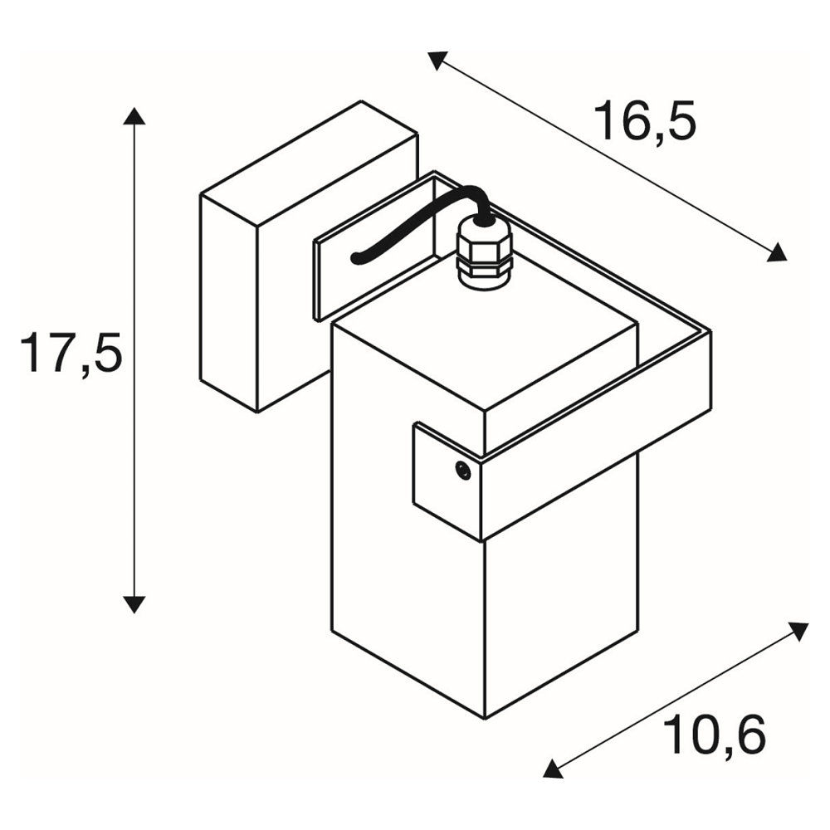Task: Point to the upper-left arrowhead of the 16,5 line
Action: (437, 59)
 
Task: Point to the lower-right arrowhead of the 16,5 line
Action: (777, 253)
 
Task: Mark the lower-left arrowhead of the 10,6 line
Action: (553, 769)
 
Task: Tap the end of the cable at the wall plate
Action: (356, 260)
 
